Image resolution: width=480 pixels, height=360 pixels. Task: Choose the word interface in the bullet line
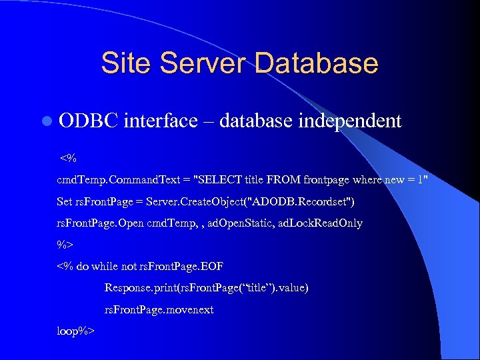coord(161,121)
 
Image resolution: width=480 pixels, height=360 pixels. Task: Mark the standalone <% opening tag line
coord(68,159)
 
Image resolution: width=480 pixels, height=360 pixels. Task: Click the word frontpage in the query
coord(327,180)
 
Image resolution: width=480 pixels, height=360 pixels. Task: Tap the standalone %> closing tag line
coord(65,244)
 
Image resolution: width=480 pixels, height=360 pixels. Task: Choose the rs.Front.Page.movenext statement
coord(159,309)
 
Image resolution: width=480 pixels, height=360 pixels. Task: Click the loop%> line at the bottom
coord(76,331)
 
